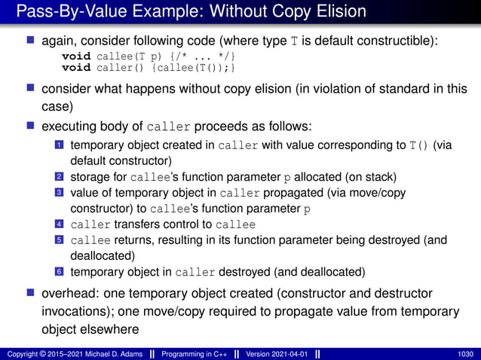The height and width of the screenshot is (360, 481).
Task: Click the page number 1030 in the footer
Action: pos(465,353)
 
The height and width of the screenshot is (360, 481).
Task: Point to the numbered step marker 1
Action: pos(58,145)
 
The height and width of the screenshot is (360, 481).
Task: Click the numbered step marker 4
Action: pos(58,224)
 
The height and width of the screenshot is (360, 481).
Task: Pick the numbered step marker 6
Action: pos(58,272)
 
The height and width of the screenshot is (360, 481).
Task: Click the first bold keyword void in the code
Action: pos(74,57)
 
